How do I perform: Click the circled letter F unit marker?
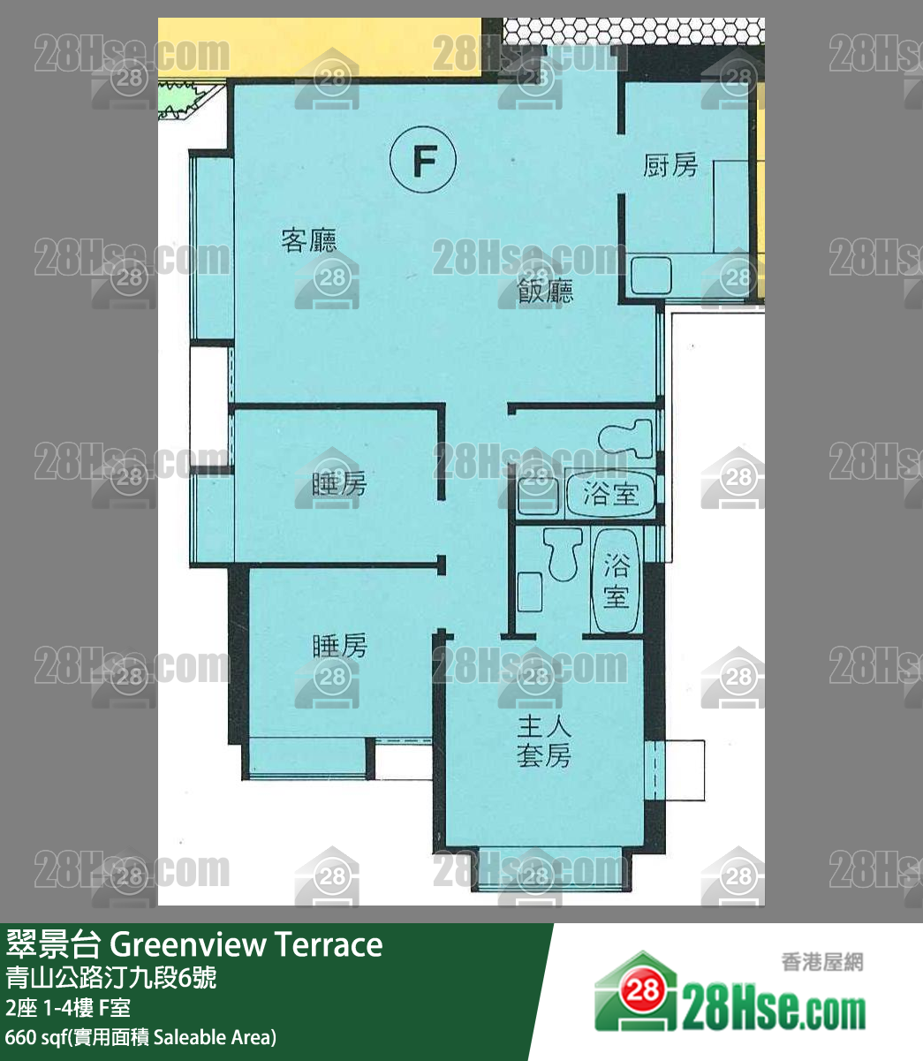point(423,162)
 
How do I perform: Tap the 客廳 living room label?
point(309,240)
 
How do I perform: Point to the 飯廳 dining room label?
point(545,292)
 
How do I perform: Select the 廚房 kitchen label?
point(670,165)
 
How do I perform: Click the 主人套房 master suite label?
point(544,742)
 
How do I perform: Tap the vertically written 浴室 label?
point(616,580)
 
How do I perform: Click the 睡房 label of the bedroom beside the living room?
point(339,483)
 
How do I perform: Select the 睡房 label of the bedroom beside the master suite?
point(339,647)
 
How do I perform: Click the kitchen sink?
point(651,276)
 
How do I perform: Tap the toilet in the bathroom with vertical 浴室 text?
point(562,553)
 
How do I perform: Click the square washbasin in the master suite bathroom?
point(529,591)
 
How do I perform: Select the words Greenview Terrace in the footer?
point(246,944)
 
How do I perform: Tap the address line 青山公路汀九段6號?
point(110,978)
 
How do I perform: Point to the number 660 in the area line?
point(21,1036)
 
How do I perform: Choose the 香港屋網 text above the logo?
point(821,962)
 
